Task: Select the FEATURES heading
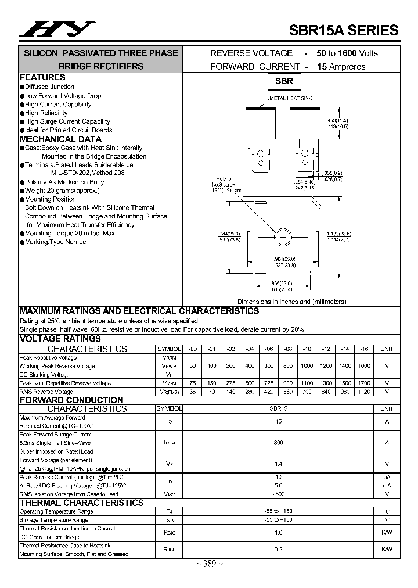[42, 77]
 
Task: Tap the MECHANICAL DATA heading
[60, 139]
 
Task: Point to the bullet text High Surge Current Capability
[67, 121]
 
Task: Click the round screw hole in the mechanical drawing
[283, 238]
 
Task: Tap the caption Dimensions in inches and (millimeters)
[291, 302]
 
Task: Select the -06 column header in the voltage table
[269, 349]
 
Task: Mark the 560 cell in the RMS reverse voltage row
[287, 392]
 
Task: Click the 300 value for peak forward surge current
[278, 443]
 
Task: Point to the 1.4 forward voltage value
[278, 464]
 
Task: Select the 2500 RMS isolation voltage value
[278, 494]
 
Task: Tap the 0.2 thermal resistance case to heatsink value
[278, 549]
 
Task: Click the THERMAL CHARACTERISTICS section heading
[81, 503]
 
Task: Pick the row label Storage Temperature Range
[54, 520]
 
